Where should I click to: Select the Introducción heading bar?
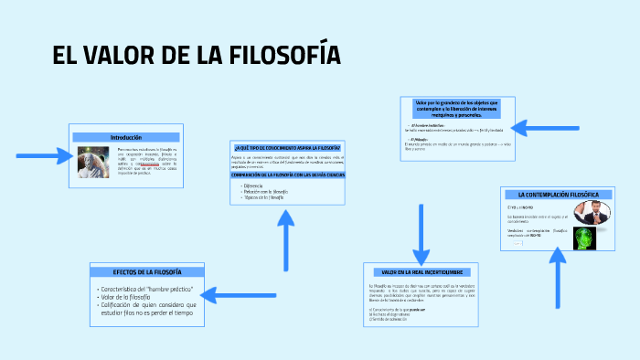pos(126,136)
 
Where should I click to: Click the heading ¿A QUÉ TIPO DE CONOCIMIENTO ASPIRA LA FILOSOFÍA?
pos(287,147)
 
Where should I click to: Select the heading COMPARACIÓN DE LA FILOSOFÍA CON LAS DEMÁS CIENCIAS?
pos(287,175)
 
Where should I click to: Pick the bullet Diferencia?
pos(252,185)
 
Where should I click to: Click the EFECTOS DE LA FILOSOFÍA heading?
pos(146,272)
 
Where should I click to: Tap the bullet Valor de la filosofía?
pos(127,297)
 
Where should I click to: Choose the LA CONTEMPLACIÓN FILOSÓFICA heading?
pos(558,195)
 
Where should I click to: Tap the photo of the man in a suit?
pos(592,212)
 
